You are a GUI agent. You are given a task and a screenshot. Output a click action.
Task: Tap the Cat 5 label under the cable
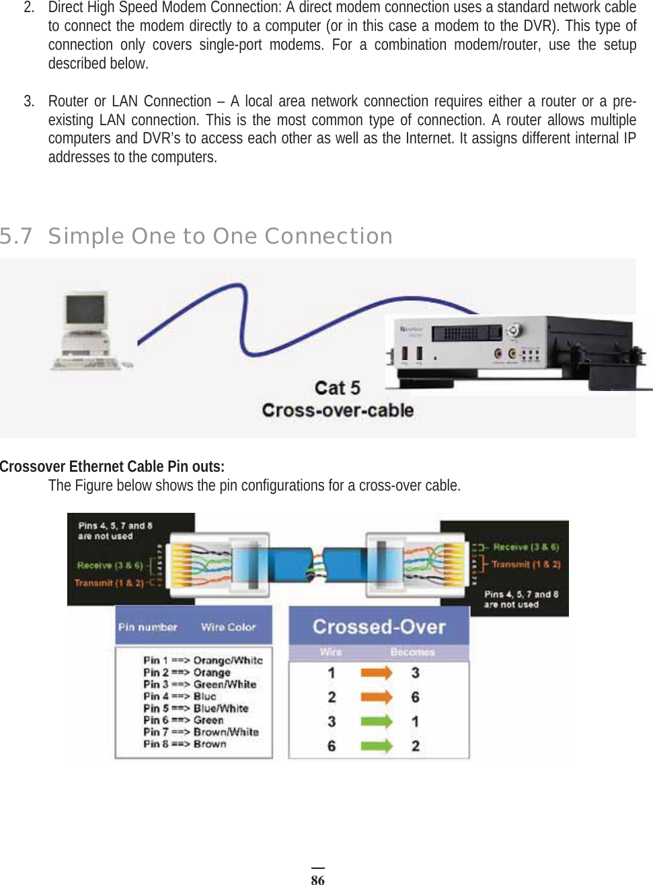(x=338, y=388)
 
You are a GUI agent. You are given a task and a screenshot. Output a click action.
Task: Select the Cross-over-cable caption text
(x=338, y=411)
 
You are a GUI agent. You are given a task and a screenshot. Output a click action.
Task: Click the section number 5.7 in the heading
(x=16, y=236)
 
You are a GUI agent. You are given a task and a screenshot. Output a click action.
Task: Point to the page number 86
(x=317, y=879)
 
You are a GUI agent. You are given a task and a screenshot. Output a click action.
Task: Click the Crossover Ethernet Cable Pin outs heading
(x=112, y=466)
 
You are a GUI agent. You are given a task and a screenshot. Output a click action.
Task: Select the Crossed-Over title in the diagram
(x=379, y=627)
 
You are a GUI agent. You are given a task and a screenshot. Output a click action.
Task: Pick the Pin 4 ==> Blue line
(x=180, y=697)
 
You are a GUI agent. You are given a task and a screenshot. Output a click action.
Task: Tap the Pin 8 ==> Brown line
(x=185, y=744)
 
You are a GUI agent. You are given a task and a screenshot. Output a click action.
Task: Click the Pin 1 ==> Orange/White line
(x=202, y=660)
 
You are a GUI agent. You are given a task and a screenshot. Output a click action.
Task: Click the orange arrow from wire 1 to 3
(x=376, y=673)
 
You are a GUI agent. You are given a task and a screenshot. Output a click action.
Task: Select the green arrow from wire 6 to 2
(x=376, y=746)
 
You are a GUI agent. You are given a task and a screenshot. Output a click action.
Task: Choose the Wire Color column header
(x=229, y=627)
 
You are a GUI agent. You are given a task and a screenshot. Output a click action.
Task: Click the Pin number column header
(x=147, y=627)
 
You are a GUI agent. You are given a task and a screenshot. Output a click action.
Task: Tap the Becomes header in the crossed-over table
(x=412, y=652)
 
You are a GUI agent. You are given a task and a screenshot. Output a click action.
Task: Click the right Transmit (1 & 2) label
(x=526, y=565)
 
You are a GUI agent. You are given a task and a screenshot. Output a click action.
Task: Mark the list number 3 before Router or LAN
(x=28, y=102)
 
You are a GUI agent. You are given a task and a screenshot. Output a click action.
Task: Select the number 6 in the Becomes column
(x=416, y=697)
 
